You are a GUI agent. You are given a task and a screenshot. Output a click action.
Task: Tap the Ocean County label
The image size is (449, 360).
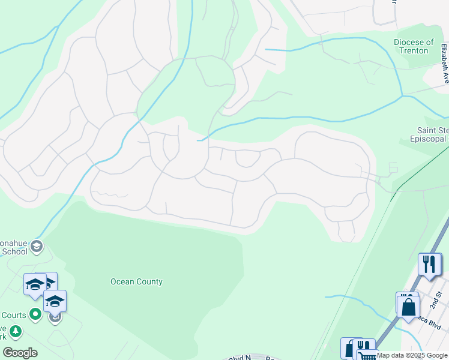click(x=136, y=281)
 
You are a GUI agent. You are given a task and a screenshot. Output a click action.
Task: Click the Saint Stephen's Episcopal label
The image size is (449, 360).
click(x=433, y=135)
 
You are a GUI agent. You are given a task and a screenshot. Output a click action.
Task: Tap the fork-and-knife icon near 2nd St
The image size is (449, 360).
click(x=429, y=264)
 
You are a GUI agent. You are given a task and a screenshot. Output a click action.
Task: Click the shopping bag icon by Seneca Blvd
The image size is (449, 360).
click(x=408, y=306)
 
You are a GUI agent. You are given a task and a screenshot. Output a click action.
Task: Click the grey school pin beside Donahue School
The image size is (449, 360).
click(x=37, y=245)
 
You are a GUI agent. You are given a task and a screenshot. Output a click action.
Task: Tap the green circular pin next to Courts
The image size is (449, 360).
click(x=35, y=313)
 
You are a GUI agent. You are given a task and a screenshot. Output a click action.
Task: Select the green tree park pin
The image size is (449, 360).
click(x=15, y=331)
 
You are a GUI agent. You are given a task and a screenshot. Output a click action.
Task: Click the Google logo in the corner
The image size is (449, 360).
click(x=20, y=353)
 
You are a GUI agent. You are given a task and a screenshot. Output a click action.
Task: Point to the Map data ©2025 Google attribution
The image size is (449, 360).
click(x=412, y=355)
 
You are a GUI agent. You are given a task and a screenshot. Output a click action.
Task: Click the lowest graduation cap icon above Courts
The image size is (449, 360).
click(x=55, y=301)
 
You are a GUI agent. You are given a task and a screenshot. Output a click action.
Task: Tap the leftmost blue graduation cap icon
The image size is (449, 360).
click(x=34, y=284)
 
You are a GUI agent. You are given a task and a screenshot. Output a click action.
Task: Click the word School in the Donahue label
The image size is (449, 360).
click(x=14, y=251)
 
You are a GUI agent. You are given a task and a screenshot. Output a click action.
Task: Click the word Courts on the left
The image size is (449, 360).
click(x=13, y=315)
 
